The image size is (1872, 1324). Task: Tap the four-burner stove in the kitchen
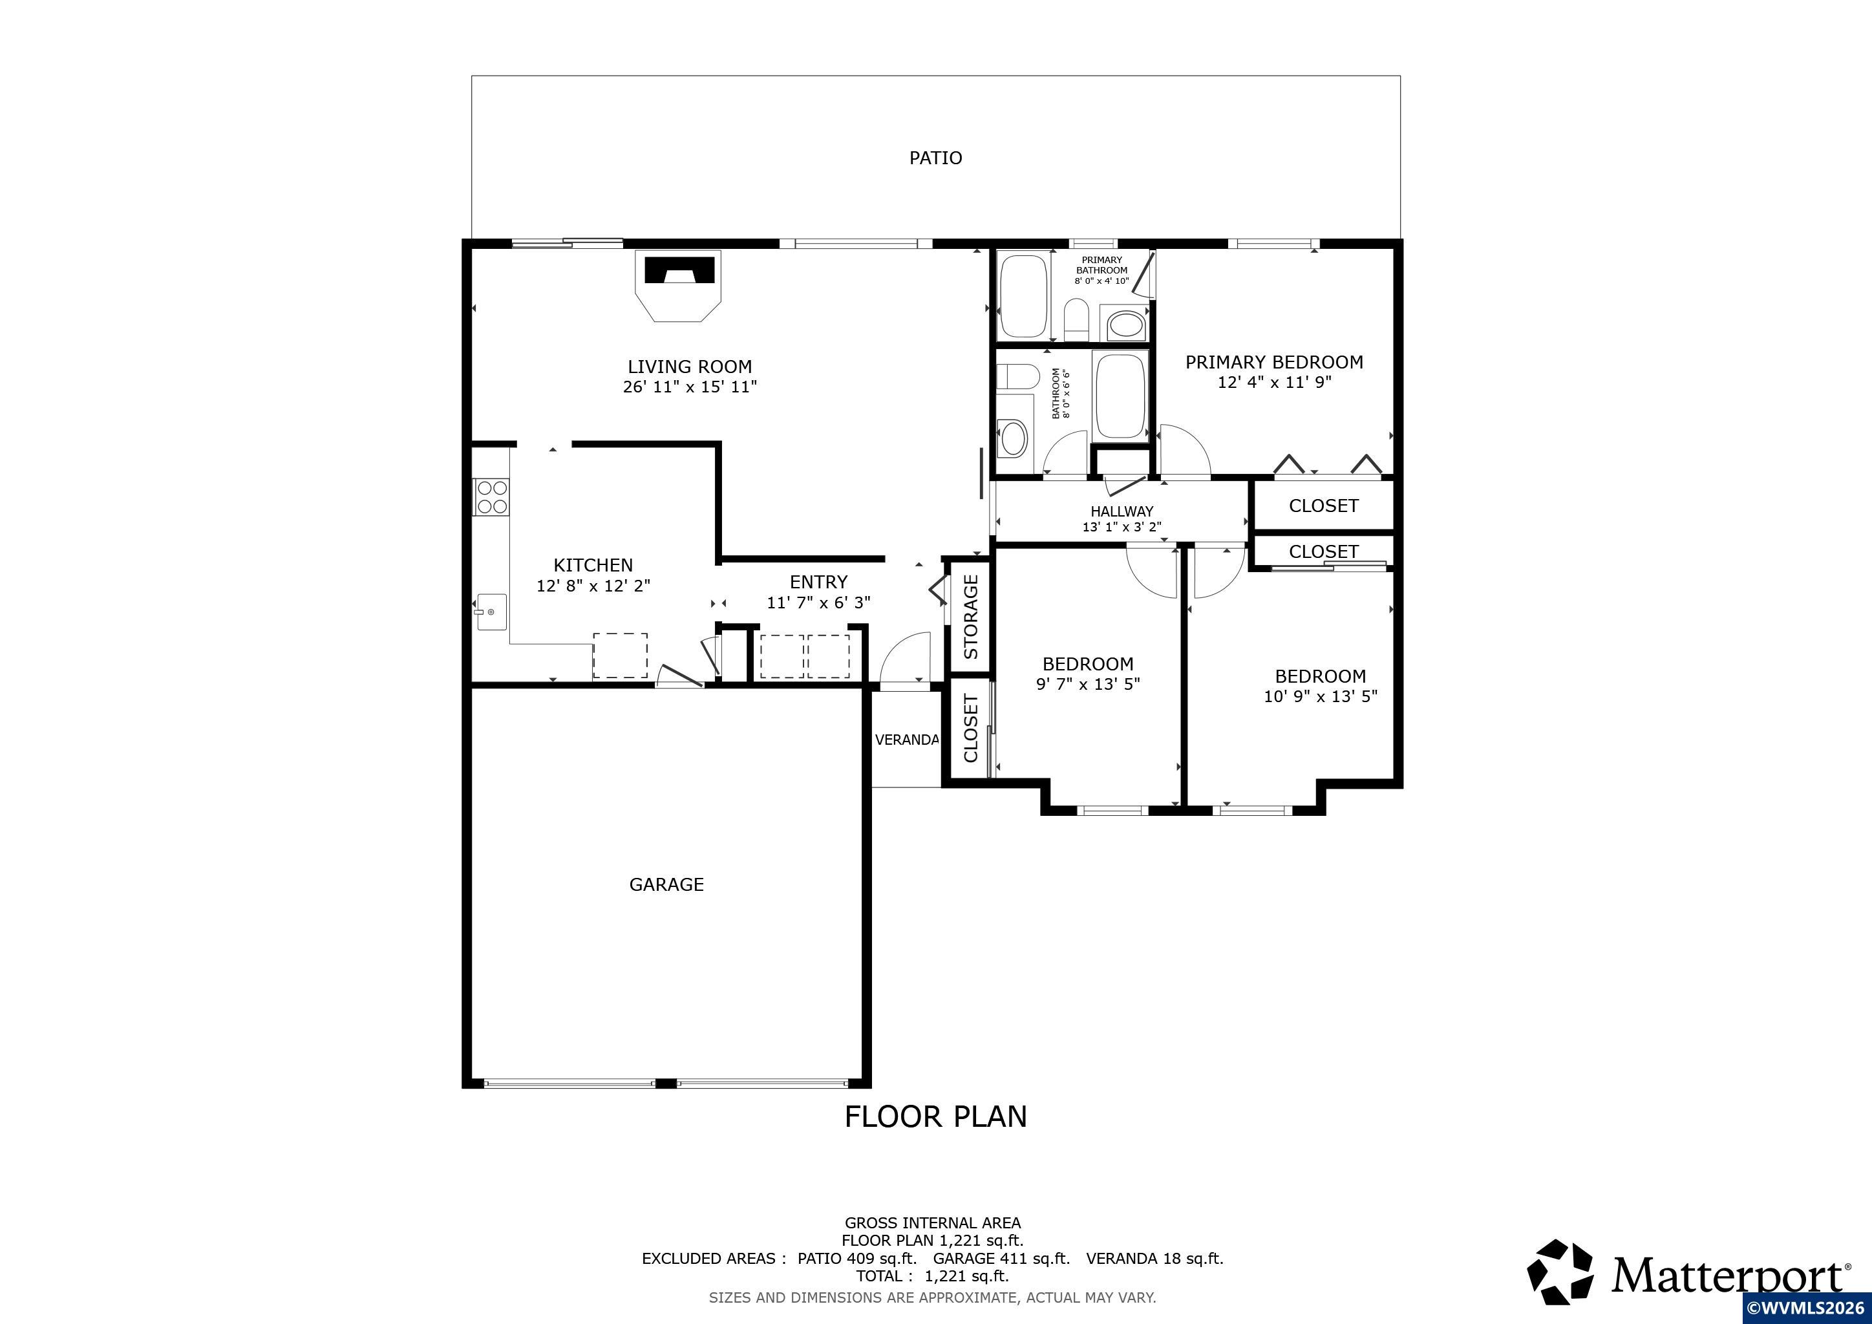click(493, 496)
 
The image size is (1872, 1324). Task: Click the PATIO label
click(936, 157)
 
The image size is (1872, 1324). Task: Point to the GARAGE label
click(666, 884)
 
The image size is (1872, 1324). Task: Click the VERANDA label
click(907, 740)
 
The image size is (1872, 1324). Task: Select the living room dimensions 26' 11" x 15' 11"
click(690, 387)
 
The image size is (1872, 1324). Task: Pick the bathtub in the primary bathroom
click(1023, 296)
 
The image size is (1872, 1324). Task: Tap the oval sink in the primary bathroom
click(1126, 325)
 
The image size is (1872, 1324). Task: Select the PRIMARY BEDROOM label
click(1273, 362)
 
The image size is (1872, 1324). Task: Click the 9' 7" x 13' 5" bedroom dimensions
click(1088, 684)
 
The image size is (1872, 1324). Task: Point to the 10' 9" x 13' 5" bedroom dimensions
click(1320, 696)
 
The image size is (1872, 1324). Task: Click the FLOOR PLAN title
click(935, 1116)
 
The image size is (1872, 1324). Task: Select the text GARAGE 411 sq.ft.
click(1001, 1258)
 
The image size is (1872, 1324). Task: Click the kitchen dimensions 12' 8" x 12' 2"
click(593, 585)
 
